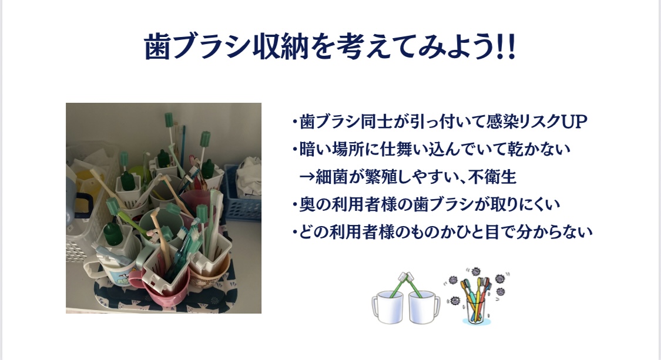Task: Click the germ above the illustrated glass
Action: coord(475,271)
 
